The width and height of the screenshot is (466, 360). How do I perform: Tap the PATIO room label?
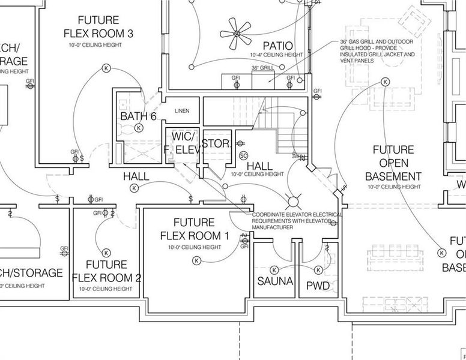coord(277,46)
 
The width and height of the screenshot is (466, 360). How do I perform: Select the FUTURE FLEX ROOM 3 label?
coord(98,26)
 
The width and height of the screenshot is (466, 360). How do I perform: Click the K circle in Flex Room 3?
coord(106,68)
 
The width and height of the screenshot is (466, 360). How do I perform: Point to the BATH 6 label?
coord(138,116)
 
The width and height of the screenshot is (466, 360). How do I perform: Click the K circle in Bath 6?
coord(139,128)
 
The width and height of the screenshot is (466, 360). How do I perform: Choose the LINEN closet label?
coord(181,111)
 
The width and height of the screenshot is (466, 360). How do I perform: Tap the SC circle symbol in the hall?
coord(243,155)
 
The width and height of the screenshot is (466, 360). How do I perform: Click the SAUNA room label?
coord(274,281)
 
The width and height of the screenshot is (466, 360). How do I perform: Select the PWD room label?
coord(318,286)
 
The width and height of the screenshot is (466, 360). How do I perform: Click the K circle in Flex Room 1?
coord(196,260)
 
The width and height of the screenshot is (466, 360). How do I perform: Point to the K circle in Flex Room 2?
coord(106,252)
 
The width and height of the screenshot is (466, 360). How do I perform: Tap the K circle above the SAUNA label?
coord(274,269)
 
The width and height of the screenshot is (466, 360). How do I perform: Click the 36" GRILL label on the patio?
coord(263,68)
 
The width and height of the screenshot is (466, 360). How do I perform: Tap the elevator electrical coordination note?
coord(297,221)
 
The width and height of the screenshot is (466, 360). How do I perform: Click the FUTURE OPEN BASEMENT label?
coord(393,163)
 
